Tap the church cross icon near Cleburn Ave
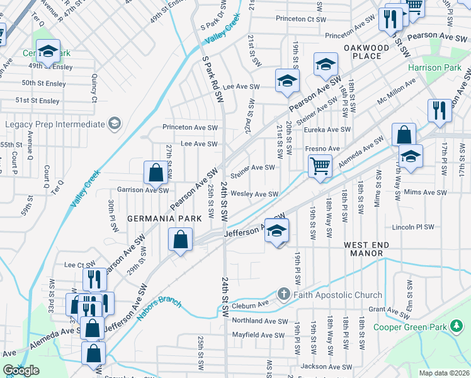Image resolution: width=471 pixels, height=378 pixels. pos(283,294)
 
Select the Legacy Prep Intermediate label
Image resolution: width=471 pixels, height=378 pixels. pos(54,123)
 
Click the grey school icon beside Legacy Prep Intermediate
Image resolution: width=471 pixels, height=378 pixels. pos(114,123)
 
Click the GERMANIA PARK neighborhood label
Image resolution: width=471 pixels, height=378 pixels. pos(164,218)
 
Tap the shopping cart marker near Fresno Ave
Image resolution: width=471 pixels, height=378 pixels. pos(321,166)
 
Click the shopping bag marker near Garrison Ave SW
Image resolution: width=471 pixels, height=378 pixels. pos(156,172)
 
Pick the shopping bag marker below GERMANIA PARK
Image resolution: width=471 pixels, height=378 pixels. pos(180,239)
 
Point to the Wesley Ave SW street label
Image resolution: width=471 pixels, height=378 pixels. pos(254,194)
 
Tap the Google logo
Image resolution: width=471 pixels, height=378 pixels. pos(21,370)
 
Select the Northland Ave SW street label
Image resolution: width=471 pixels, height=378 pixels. pos(259,320)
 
